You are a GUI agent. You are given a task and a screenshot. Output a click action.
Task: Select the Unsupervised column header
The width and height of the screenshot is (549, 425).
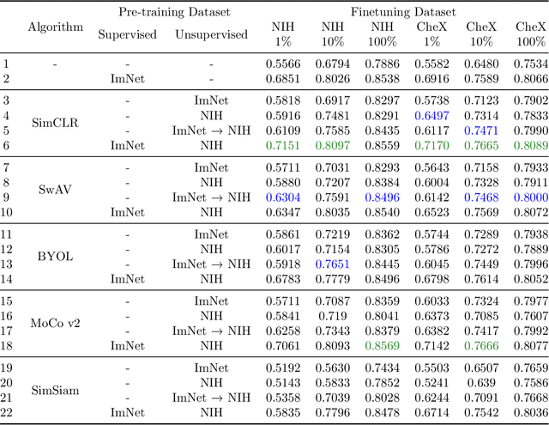pyautogui.click(x=212, y=34)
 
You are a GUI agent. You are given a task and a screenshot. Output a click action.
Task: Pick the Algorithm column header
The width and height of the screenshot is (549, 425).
pyautogui.click(x=56, y=27)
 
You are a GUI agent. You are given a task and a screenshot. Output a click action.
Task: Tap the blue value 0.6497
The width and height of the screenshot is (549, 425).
pyautogui.click(x=432, y=115)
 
